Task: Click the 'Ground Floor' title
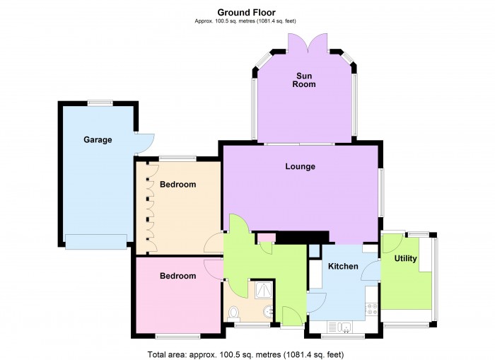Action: coord(246,12)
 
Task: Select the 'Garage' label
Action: coord(98,140)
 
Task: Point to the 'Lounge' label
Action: coord(300,167)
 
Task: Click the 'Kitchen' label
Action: coord(343,267)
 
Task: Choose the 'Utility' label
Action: coord(405,259)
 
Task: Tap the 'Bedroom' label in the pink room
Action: coord(177,276)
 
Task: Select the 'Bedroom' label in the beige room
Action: coord(177,185)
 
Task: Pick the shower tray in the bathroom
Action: coord(262,290)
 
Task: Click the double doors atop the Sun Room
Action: coord(306,44)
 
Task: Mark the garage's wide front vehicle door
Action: coord(97,241)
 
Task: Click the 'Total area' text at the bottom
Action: coord(246,354)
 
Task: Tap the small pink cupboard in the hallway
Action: coord(266,237)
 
